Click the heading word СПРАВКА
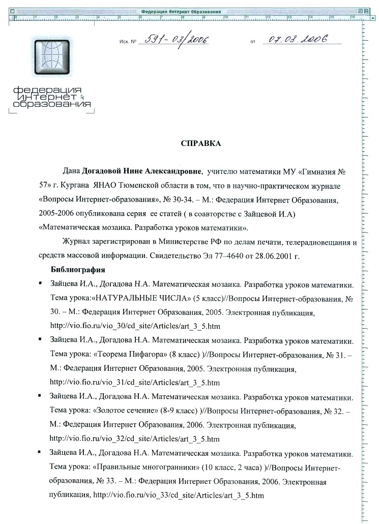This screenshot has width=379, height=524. coord(201,143)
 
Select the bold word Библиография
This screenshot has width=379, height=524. coord(78,269)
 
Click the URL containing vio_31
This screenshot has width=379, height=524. coord(135,382)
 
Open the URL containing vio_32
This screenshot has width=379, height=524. coord(135,438)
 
